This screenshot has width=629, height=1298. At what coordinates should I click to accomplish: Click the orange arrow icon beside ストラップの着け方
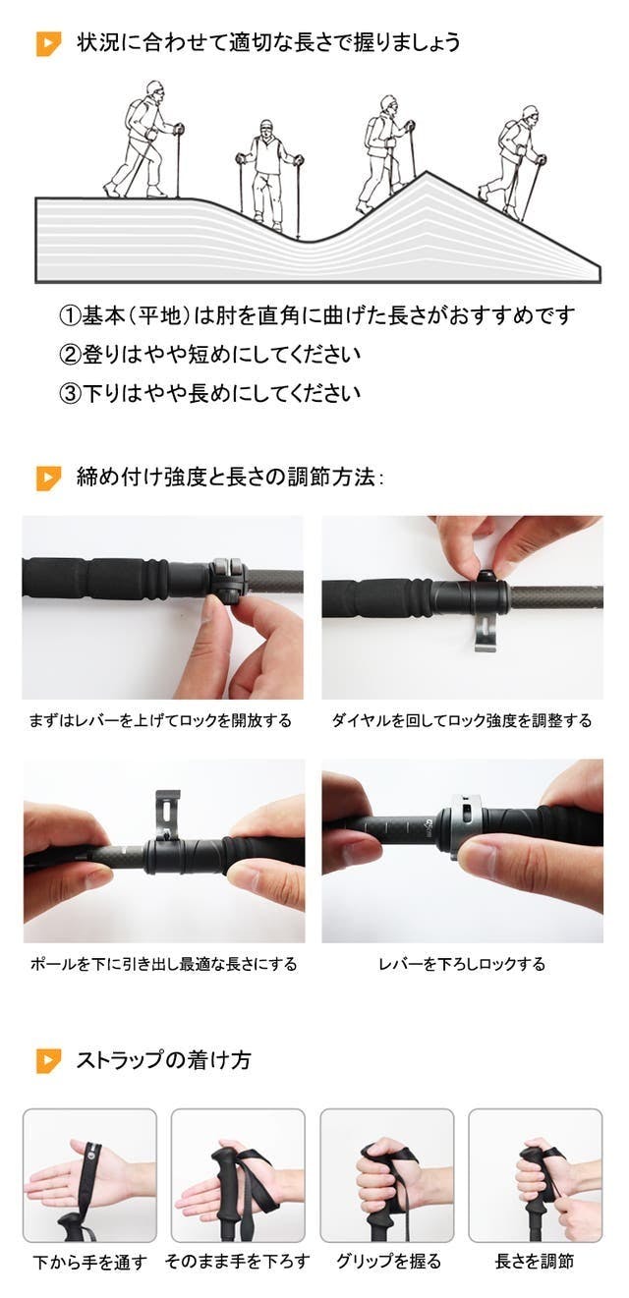pyautogui.click(x=48, y=1060)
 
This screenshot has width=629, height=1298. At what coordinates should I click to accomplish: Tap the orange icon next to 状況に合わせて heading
pyautogui.click(x=48, y=44)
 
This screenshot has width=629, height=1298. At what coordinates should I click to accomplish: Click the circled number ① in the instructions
pyautogui.click(x=70, y=315)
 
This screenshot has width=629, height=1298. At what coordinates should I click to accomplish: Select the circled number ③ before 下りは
pyautogui.click(x=70, y=393)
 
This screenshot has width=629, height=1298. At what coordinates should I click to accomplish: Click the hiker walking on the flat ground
pyautogui.click(x=144, y=140)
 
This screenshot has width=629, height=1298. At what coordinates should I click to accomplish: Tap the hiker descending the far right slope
pyautogui.click(x=513, y=162)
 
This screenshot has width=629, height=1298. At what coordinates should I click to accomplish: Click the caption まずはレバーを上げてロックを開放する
pyautogui.click(x=160, y=720)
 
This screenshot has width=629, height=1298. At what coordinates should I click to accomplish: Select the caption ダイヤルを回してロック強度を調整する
pyautogui.click(x=462, y=720)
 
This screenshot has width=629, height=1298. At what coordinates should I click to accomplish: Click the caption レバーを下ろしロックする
pyautogui.click(x=462, y=964)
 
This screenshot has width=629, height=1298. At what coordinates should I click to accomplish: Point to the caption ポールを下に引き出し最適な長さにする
pyautogui.click(x=163, y=964)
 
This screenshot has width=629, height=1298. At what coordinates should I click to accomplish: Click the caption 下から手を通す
pyautogui.click(x=89, y=1262)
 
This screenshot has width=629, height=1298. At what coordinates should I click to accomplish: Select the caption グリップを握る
pyautogui.click(x=388, y=1261)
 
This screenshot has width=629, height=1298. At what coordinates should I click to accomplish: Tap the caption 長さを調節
pyautogui.click(x=535, y=1261)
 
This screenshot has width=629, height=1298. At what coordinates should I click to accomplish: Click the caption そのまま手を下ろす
pyautogui.click(x=238, y=1261)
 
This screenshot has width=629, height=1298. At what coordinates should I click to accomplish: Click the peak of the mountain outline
pyautogui.click(x=428, y=172)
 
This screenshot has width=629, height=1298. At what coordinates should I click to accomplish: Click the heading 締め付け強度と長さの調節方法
pyautogui.click(x=230, y=478)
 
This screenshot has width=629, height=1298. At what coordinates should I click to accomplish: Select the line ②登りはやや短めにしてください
pyautogui.click(x=210, y=355)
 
